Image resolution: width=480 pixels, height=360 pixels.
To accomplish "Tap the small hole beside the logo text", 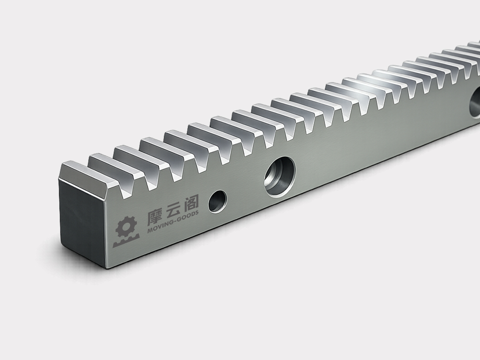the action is click(x=218, y=201).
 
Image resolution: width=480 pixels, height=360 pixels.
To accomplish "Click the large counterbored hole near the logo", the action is click(x=279, y=177).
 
